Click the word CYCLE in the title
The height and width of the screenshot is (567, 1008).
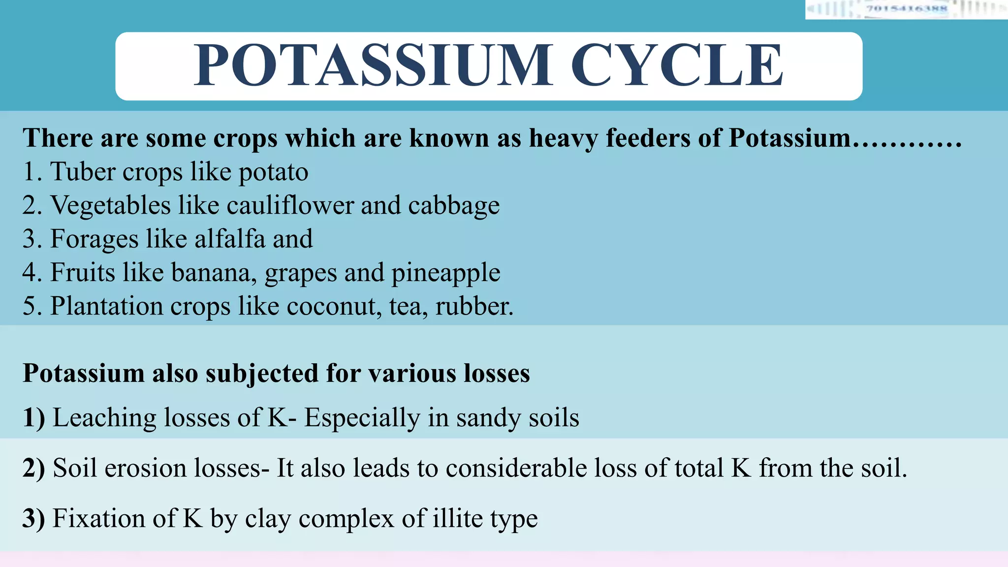tap(676, 65)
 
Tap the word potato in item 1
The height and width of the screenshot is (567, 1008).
tap(273, 172)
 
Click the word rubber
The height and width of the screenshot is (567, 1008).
tap(473, 306)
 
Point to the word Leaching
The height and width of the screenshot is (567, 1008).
tap(104, 418)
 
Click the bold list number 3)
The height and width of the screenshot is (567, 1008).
tap(33, 519)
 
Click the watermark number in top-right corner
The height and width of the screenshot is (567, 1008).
tap(907, 8)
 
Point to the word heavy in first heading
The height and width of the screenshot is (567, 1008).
tap(563, 138)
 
